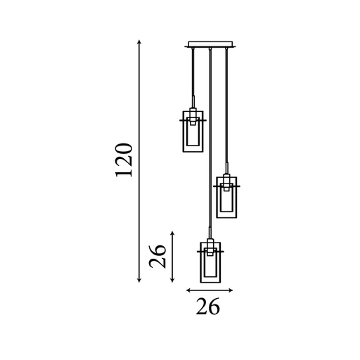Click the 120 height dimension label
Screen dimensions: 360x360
(x=124, y=160)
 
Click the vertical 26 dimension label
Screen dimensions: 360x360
(x=157, y=256)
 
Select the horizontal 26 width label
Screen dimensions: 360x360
(x=208, y=306)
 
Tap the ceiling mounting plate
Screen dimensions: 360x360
(x=210, y=44)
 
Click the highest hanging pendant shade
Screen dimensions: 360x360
(x=193, y=131)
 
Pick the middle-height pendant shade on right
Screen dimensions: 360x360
(x=226, y=197)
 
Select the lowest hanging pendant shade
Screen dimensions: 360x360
(x=210, y=262)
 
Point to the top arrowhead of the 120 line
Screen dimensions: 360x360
(x=139, y=42)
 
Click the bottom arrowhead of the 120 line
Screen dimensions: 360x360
(x=139, y=280)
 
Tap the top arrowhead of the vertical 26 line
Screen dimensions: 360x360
(x=172, y=233)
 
